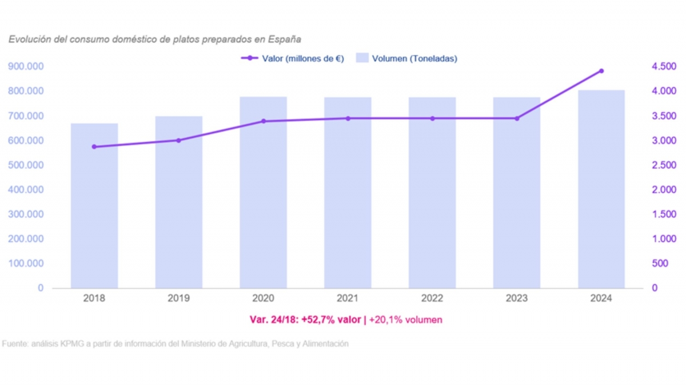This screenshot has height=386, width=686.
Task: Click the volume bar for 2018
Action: (x=94, y=206)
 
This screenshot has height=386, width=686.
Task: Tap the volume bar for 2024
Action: (x=601, y=189)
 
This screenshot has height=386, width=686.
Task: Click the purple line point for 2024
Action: (x=601, y=71)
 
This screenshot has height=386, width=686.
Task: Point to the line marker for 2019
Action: (x=178, y=140)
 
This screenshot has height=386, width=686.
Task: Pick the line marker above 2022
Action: (x=432, y=118)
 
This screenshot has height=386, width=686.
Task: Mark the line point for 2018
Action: (x=94, y=147)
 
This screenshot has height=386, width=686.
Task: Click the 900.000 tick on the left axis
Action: (x=26, y=67)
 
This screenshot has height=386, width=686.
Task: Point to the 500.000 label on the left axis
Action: (x=26, y=165)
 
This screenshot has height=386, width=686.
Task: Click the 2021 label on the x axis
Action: (x=348, y=299)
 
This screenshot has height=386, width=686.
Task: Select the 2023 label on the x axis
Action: (x=517, y=299)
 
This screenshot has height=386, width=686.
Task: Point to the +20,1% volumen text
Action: (x=405, y=320)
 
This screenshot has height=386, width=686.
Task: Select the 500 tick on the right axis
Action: (x=659, y=264)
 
